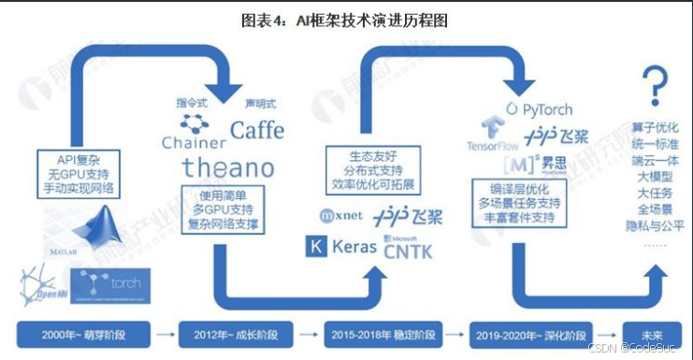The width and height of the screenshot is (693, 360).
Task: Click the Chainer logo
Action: [194, 132]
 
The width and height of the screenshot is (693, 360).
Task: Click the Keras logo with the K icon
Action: [341, 248]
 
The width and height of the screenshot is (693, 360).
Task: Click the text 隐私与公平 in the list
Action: [651, 224]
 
